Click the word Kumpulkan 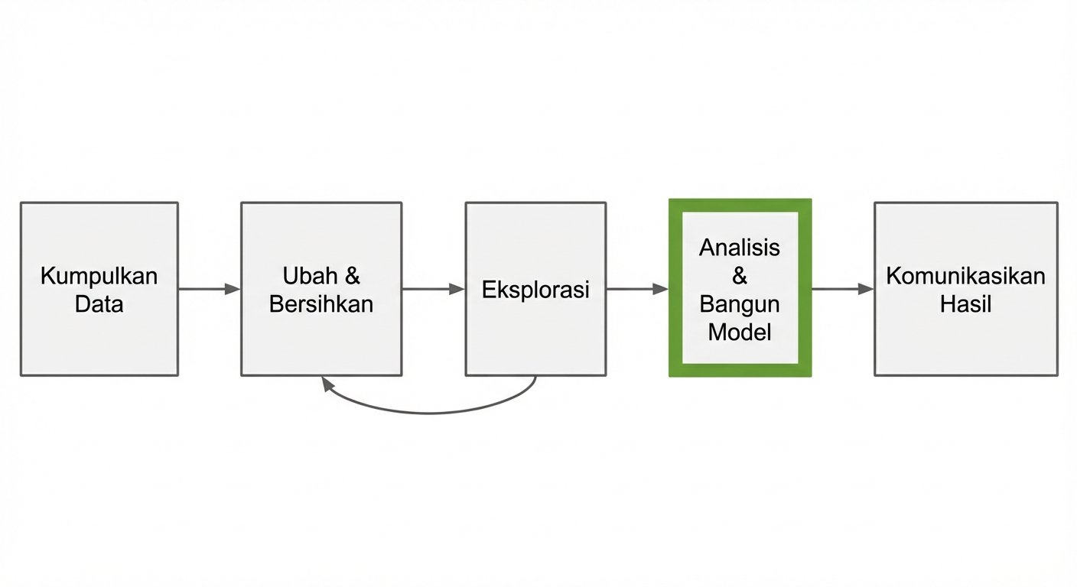(99, 276)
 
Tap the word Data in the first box (99, 304)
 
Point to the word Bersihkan (321, 304)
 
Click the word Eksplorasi (535, 290)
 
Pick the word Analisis (740, 248)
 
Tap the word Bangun (740, 304)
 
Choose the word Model (740, 332)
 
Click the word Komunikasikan (965, 276)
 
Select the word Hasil (965, 304)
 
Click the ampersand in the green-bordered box (740, 276)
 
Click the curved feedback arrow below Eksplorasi (428, 413)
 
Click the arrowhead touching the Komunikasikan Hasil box (866, 289)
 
